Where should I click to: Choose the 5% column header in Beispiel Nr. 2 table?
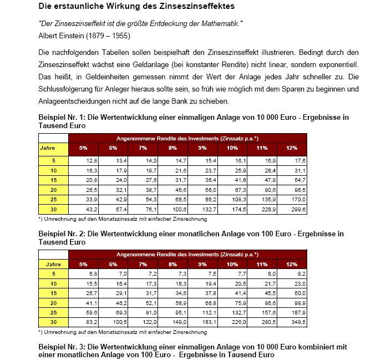(x=83, y=263)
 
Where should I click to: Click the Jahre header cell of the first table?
(x=53, y=148)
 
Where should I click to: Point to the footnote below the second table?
(x=123, y=332)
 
